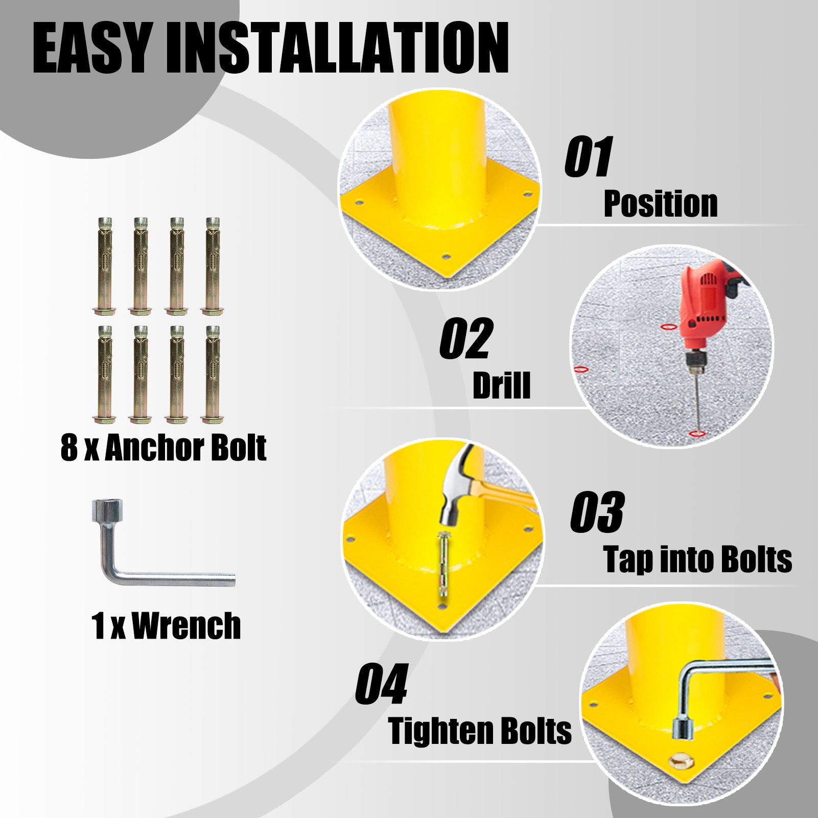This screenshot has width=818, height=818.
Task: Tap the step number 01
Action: tap(588, 157)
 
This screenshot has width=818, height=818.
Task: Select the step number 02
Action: tap(465, 339)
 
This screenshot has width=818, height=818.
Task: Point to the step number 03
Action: tap(597, 512)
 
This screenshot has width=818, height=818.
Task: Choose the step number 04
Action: tap(382, 684)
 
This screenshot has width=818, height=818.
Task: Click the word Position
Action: tap(661, 204)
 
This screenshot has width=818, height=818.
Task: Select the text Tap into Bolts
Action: tap(697, 559)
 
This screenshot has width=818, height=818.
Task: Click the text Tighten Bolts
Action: tap(480, 731)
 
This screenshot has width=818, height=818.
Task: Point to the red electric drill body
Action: tap(705, 301)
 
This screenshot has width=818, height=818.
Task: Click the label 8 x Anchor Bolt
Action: tap(163, 448)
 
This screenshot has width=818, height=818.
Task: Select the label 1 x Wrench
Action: tap(166, 626)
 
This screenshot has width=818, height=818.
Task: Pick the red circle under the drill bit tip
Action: tap(697, 434)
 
